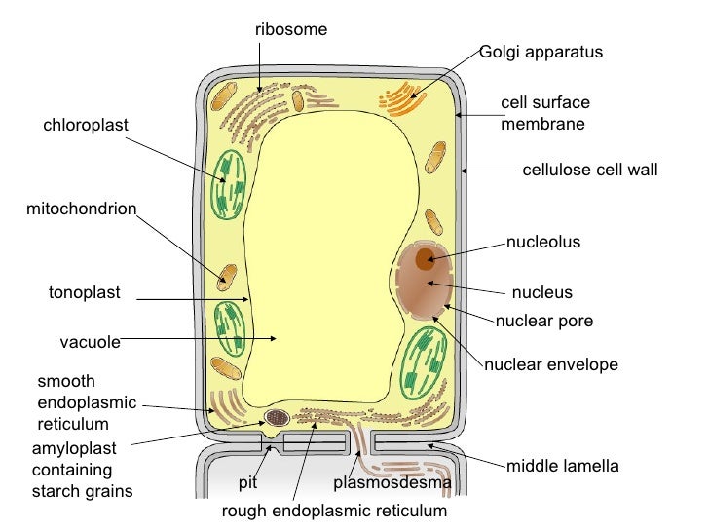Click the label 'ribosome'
(291, 30)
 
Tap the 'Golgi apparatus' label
(541, 52)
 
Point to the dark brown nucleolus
(426, 259)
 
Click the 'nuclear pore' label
(544, 321)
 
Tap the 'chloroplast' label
(86, 125)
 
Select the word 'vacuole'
(90, 342)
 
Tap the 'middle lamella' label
(562, 466)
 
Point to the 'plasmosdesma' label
(392, 483)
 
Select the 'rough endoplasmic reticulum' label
(334, 511)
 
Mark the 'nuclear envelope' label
(551, 365)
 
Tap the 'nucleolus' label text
(543, 242)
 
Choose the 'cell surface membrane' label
(545, 113)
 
